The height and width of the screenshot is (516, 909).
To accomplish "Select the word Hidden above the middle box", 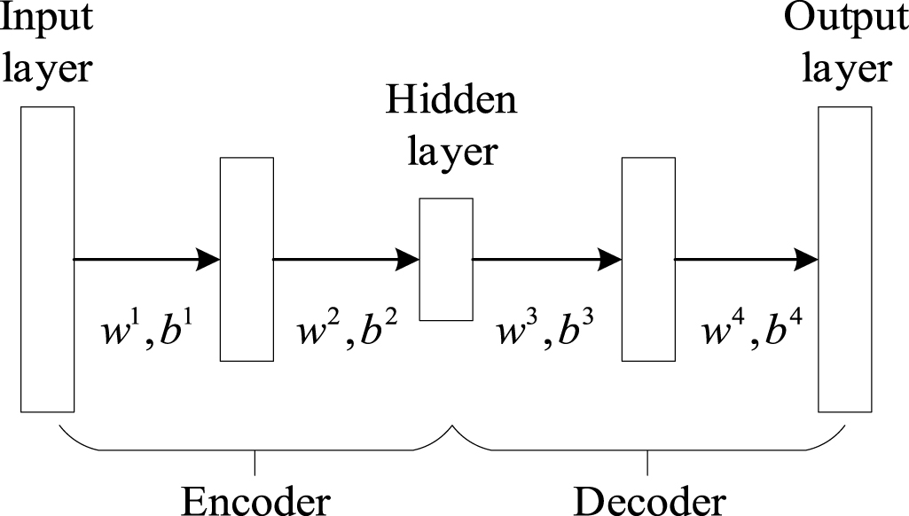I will [451, 104].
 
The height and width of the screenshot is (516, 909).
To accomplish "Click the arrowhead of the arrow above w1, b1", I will [208, 259].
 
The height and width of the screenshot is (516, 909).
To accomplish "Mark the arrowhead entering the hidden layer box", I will [408, 259].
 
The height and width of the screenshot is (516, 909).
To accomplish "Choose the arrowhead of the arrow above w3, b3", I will [611, 259].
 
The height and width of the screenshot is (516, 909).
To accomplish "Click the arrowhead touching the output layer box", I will [807, 259].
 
